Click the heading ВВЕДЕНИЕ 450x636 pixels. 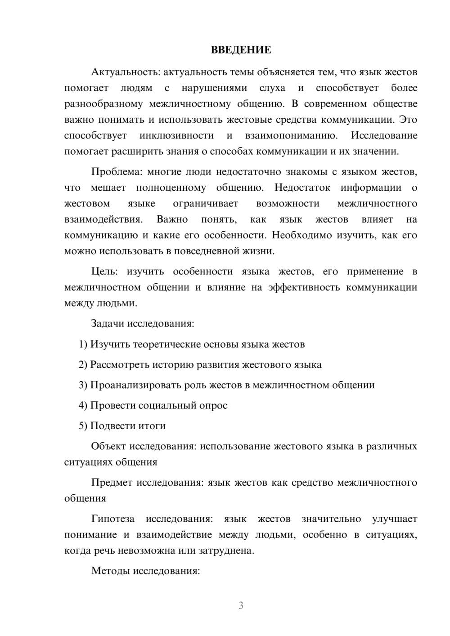pos(241,50)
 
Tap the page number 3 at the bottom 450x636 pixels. pos(241,605)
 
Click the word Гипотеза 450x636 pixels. pos(112,519)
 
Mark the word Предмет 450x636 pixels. pos(112,483)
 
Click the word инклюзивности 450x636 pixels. pos(176,136)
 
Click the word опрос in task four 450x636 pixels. pos(214,406)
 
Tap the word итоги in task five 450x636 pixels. pos(152,426)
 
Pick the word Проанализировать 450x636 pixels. pos(136,385)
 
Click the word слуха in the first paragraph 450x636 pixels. pos(272,88)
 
